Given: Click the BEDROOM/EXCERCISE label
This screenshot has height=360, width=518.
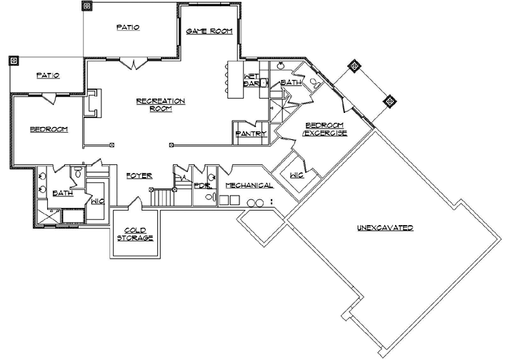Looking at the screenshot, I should coord(325,129).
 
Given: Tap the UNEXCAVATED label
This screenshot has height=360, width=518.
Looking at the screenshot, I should coord(386,228).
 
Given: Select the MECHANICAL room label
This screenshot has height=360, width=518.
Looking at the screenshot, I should coord(249,186).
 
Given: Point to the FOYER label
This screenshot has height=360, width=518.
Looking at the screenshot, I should coord(139,176).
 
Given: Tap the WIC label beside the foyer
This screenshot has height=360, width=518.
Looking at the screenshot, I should coord(97,201).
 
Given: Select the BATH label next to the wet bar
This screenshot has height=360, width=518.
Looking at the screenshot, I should coord(291,84).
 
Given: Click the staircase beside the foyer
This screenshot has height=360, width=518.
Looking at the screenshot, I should coord(164,196).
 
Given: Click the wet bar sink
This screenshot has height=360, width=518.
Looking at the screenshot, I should coord(262,81).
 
